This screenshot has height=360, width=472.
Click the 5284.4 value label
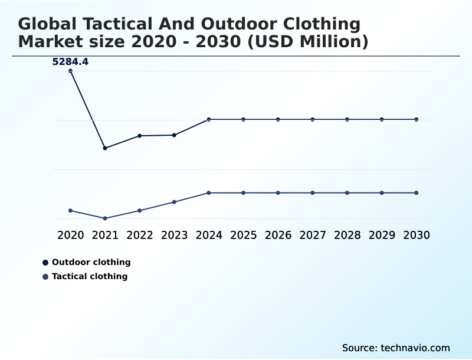point(70,61)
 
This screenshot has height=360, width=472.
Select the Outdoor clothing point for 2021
point(105,148)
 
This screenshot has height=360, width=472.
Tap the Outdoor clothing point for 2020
point(70,71)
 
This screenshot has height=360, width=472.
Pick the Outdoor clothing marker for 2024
point(209,119)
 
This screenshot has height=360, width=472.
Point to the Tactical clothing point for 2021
point(105,218)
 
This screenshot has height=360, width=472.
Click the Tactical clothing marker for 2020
point(70,211)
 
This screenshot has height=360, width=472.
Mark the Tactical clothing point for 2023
point(174,202)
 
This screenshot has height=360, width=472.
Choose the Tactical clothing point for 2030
point(416,193)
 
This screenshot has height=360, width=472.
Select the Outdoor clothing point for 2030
point(416,119)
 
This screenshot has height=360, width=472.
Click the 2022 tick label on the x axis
point(140,235)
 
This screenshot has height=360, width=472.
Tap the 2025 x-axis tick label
point(243,235)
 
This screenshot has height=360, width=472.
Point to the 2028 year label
point(347,235)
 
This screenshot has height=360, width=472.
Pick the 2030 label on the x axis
point(416,235)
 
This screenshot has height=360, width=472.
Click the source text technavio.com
point(415,348)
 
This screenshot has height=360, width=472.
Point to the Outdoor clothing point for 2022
point(140,136)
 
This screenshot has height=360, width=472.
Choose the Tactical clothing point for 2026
point(278,193)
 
